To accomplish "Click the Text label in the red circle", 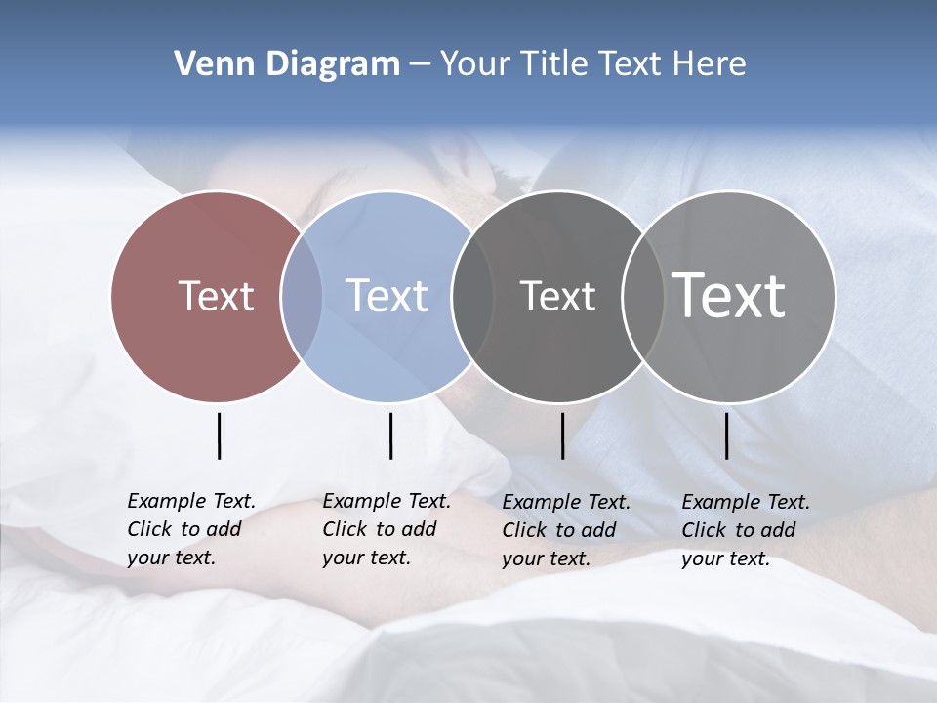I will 216,296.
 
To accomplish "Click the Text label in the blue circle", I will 387,296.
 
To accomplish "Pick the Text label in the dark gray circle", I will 557,296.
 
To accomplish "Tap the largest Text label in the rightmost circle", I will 729,295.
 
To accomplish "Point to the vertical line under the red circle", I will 219,435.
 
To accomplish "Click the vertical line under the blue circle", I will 390,435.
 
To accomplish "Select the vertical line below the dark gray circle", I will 562,435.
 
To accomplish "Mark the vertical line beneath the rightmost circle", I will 726,435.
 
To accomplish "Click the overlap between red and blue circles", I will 302,296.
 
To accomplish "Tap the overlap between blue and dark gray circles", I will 472,296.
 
